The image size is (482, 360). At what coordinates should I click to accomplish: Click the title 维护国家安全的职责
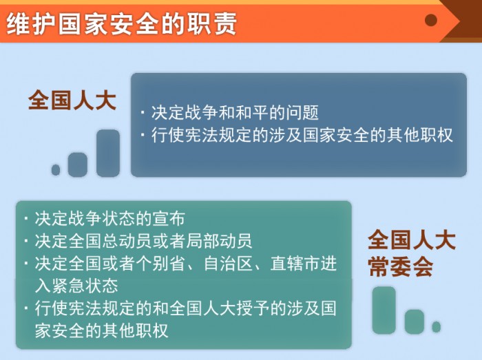click(121, 23)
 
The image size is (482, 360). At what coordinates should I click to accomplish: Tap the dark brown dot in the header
click(430, 20)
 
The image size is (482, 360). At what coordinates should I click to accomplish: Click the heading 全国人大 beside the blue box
click(72, 100)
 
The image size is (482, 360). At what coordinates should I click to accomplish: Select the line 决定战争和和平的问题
click(235, 112)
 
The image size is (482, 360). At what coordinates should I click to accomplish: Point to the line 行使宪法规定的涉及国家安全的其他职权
click(302, 135)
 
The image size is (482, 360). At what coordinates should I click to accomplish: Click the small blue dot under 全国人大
click(56, 170)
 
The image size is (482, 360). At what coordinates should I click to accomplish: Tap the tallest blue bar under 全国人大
click(108, 153)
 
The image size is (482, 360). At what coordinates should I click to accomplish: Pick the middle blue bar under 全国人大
click(77, 165)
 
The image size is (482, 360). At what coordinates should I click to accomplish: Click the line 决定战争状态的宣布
click(109, 219)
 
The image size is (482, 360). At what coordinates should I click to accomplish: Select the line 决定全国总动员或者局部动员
click(143, 241)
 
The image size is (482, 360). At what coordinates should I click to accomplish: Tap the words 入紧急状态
click(76, 286)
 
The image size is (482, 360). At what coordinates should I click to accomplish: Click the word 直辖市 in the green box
click(295, 264)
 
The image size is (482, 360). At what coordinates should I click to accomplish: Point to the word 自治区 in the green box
click(228, 264)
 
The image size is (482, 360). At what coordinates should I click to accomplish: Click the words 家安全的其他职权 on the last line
click(101, 330)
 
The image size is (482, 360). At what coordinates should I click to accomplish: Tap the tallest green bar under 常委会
click(384, 310)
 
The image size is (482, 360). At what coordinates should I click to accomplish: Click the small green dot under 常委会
click(436, 327)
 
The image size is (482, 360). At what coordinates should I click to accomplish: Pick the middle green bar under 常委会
click(415, 321)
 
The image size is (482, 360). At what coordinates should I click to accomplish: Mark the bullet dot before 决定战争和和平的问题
click(143, 112)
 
